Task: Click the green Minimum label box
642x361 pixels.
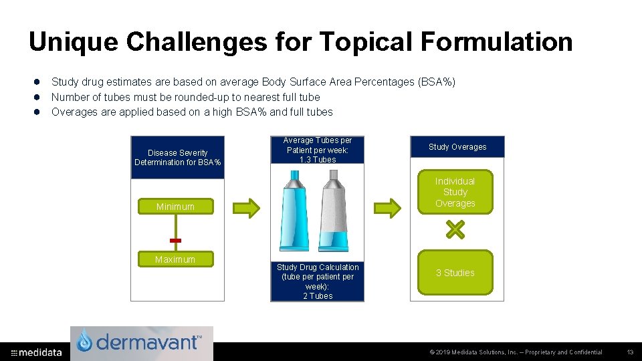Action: click(175, 207)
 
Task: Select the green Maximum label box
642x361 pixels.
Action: click(175, 259)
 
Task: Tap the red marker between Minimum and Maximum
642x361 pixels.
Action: click(175, 240)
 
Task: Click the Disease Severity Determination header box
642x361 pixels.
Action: click(178, 158)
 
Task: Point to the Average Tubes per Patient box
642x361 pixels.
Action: click(318, 150)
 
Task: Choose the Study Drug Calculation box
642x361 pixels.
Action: click(318, 281)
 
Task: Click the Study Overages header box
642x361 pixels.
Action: click(457, 147)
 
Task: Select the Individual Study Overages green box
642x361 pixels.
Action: click(455, 192)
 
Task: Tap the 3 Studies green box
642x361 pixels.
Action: click(455, 273)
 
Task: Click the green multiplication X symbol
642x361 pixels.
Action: click(455, 231)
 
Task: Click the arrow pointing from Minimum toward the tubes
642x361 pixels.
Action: click(245, 208)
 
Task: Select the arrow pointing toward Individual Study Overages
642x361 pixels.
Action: click(388, 208)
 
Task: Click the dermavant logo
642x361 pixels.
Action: click(142, 343)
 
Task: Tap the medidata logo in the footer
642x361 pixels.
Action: click(37, 352)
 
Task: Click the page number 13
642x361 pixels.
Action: click(630, 352)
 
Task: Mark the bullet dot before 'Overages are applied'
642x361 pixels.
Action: click(39, 112)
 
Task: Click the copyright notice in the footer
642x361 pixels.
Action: click(516, 352)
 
